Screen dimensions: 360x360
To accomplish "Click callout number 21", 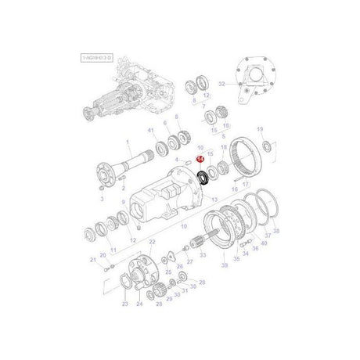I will (x=92, y=259).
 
